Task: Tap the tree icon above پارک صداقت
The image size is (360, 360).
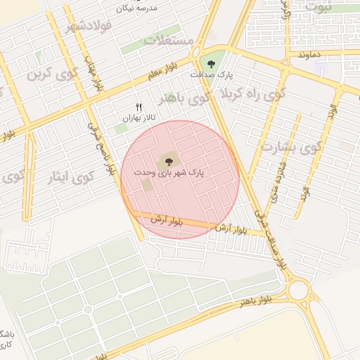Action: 212,64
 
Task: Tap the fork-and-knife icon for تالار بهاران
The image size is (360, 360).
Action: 139,107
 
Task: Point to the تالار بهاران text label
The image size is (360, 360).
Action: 139,119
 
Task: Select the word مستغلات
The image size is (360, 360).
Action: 169,39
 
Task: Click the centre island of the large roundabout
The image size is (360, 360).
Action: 298,289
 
